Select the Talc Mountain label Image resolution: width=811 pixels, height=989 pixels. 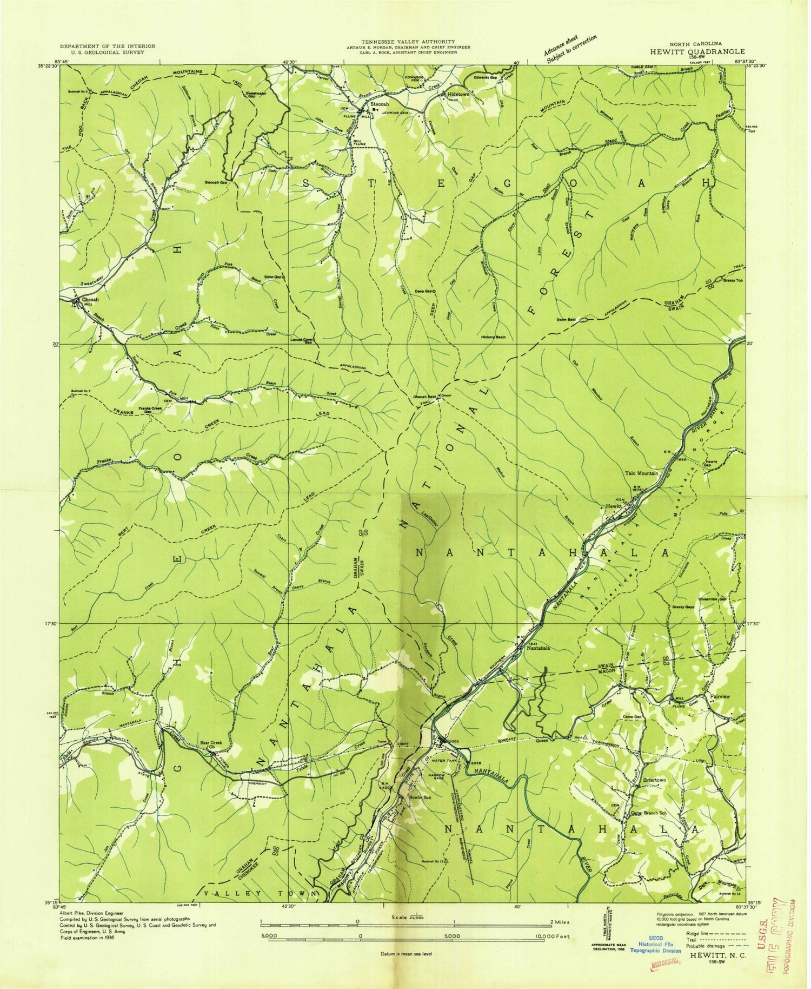click(642, 473)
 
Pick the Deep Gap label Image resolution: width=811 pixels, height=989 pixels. click(424, 291)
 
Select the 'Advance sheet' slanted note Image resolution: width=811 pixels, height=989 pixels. click(570, 49)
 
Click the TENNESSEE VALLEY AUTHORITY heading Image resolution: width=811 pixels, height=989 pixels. click(408, 41)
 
